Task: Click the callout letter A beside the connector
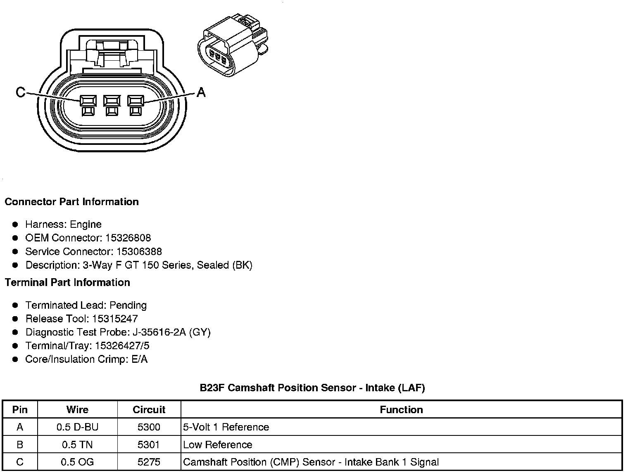[x=201, y=92]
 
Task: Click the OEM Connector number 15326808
[x=128, y=238]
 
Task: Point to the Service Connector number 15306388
[x=139, y=252]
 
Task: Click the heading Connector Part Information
[x=71, y=202]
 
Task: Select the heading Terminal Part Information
[x=67, y=283]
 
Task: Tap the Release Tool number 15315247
[x=115, y=319]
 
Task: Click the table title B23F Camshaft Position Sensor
[x=312, y=388]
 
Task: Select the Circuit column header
[x=149, y=410]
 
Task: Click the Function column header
[x=401, y=410]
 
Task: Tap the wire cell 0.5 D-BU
[x=77, y=427]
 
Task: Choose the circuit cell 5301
[x=149, y=445]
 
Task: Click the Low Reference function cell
[x=218, y=445]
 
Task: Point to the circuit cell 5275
[x=149, y=462]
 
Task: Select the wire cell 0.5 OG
[x=77, y=462]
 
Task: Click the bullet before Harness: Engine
[x=15, y=225]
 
